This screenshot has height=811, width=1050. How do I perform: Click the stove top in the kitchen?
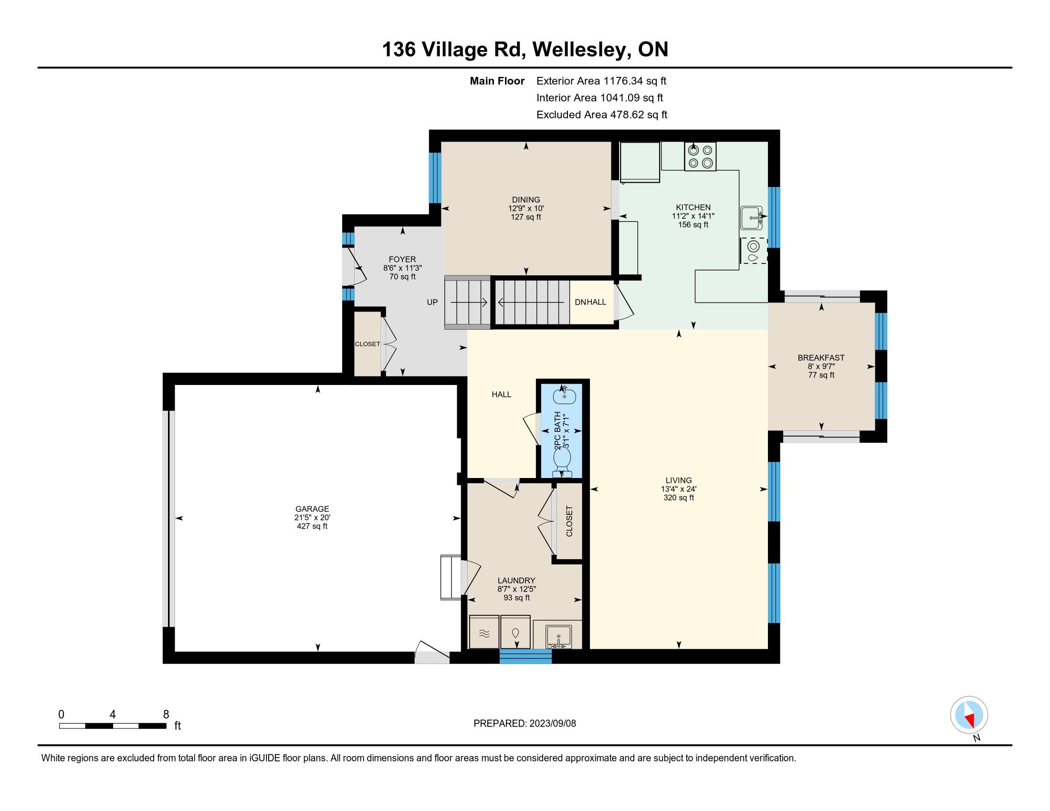pyautogui.click(x=700, y=156)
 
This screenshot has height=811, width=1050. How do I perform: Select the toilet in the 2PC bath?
pyautogui.click(x=562, y=463)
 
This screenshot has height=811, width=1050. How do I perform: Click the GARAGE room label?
pyautogui.click(x=313, y=509)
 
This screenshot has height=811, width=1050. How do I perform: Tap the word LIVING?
pyautogui.click(x=679, y=480)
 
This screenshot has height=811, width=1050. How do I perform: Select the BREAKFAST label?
pyautogui.click(x=821, y=357)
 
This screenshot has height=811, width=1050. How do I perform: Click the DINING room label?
pyautogui.click(x=526, y=200)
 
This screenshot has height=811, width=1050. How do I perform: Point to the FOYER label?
pyautogui.click(x=402, y=260)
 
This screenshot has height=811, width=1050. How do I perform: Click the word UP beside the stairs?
pyautogui.click(x=432, y=302)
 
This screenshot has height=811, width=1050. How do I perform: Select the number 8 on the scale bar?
pyautogui.click(x=166, y=714)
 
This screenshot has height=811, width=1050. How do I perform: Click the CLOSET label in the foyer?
pyautogui.click(x=367, y=344)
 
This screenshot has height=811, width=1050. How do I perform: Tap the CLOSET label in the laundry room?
pyautogui.click(x=570, y=521)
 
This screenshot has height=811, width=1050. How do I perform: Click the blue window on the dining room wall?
pyautogui.click(x=435, y=178)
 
